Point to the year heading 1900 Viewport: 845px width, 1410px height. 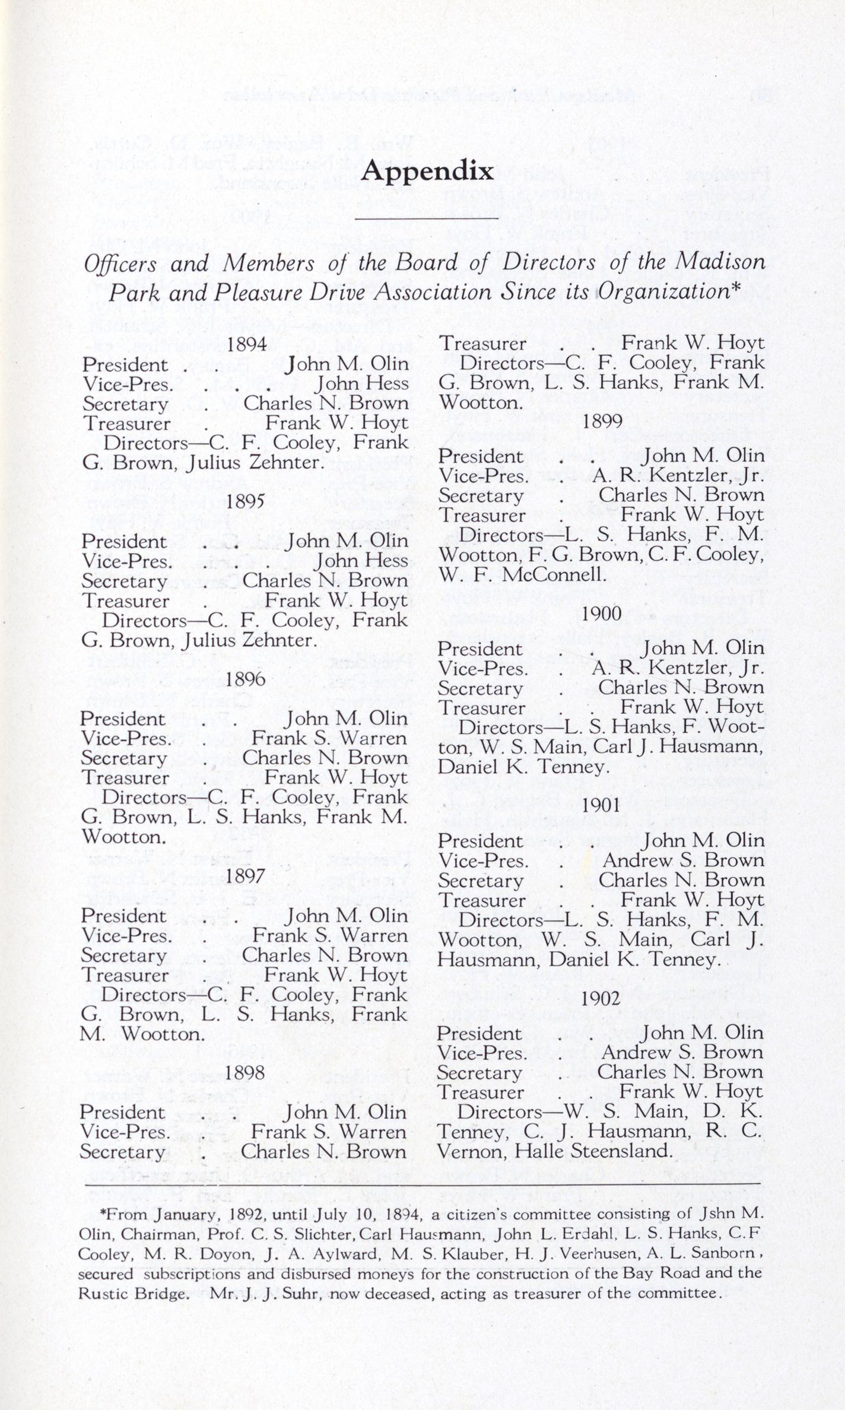point(602,613)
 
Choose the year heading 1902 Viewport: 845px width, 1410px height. point(601,998)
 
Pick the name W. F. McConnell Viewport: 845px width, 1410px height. point(522,574)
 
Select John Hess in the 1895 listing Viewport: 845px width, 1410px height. point(361,561)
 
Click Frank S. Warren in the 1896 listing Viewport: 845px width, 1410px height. point(329,738)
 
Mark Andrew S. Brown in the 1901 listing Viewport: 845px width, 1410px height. point(684,860)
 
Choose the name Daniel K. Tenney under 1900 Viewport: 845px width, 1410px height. point(523,767)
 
